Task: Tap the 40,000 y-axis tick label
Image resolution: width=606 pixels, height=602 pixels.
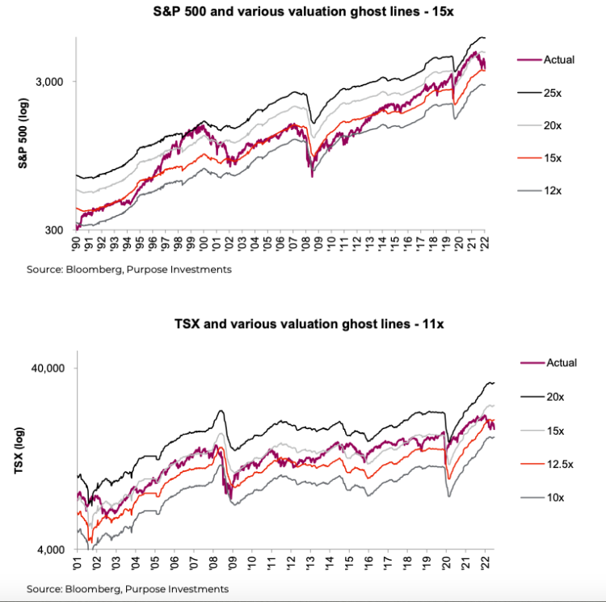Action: click(50, 368)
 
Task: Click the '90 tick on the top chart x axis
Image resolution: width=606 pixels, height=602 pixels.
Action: click(77, 242)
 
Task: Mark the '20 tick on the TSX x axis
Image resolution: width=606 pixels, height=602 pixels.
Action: click(447, 563)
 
